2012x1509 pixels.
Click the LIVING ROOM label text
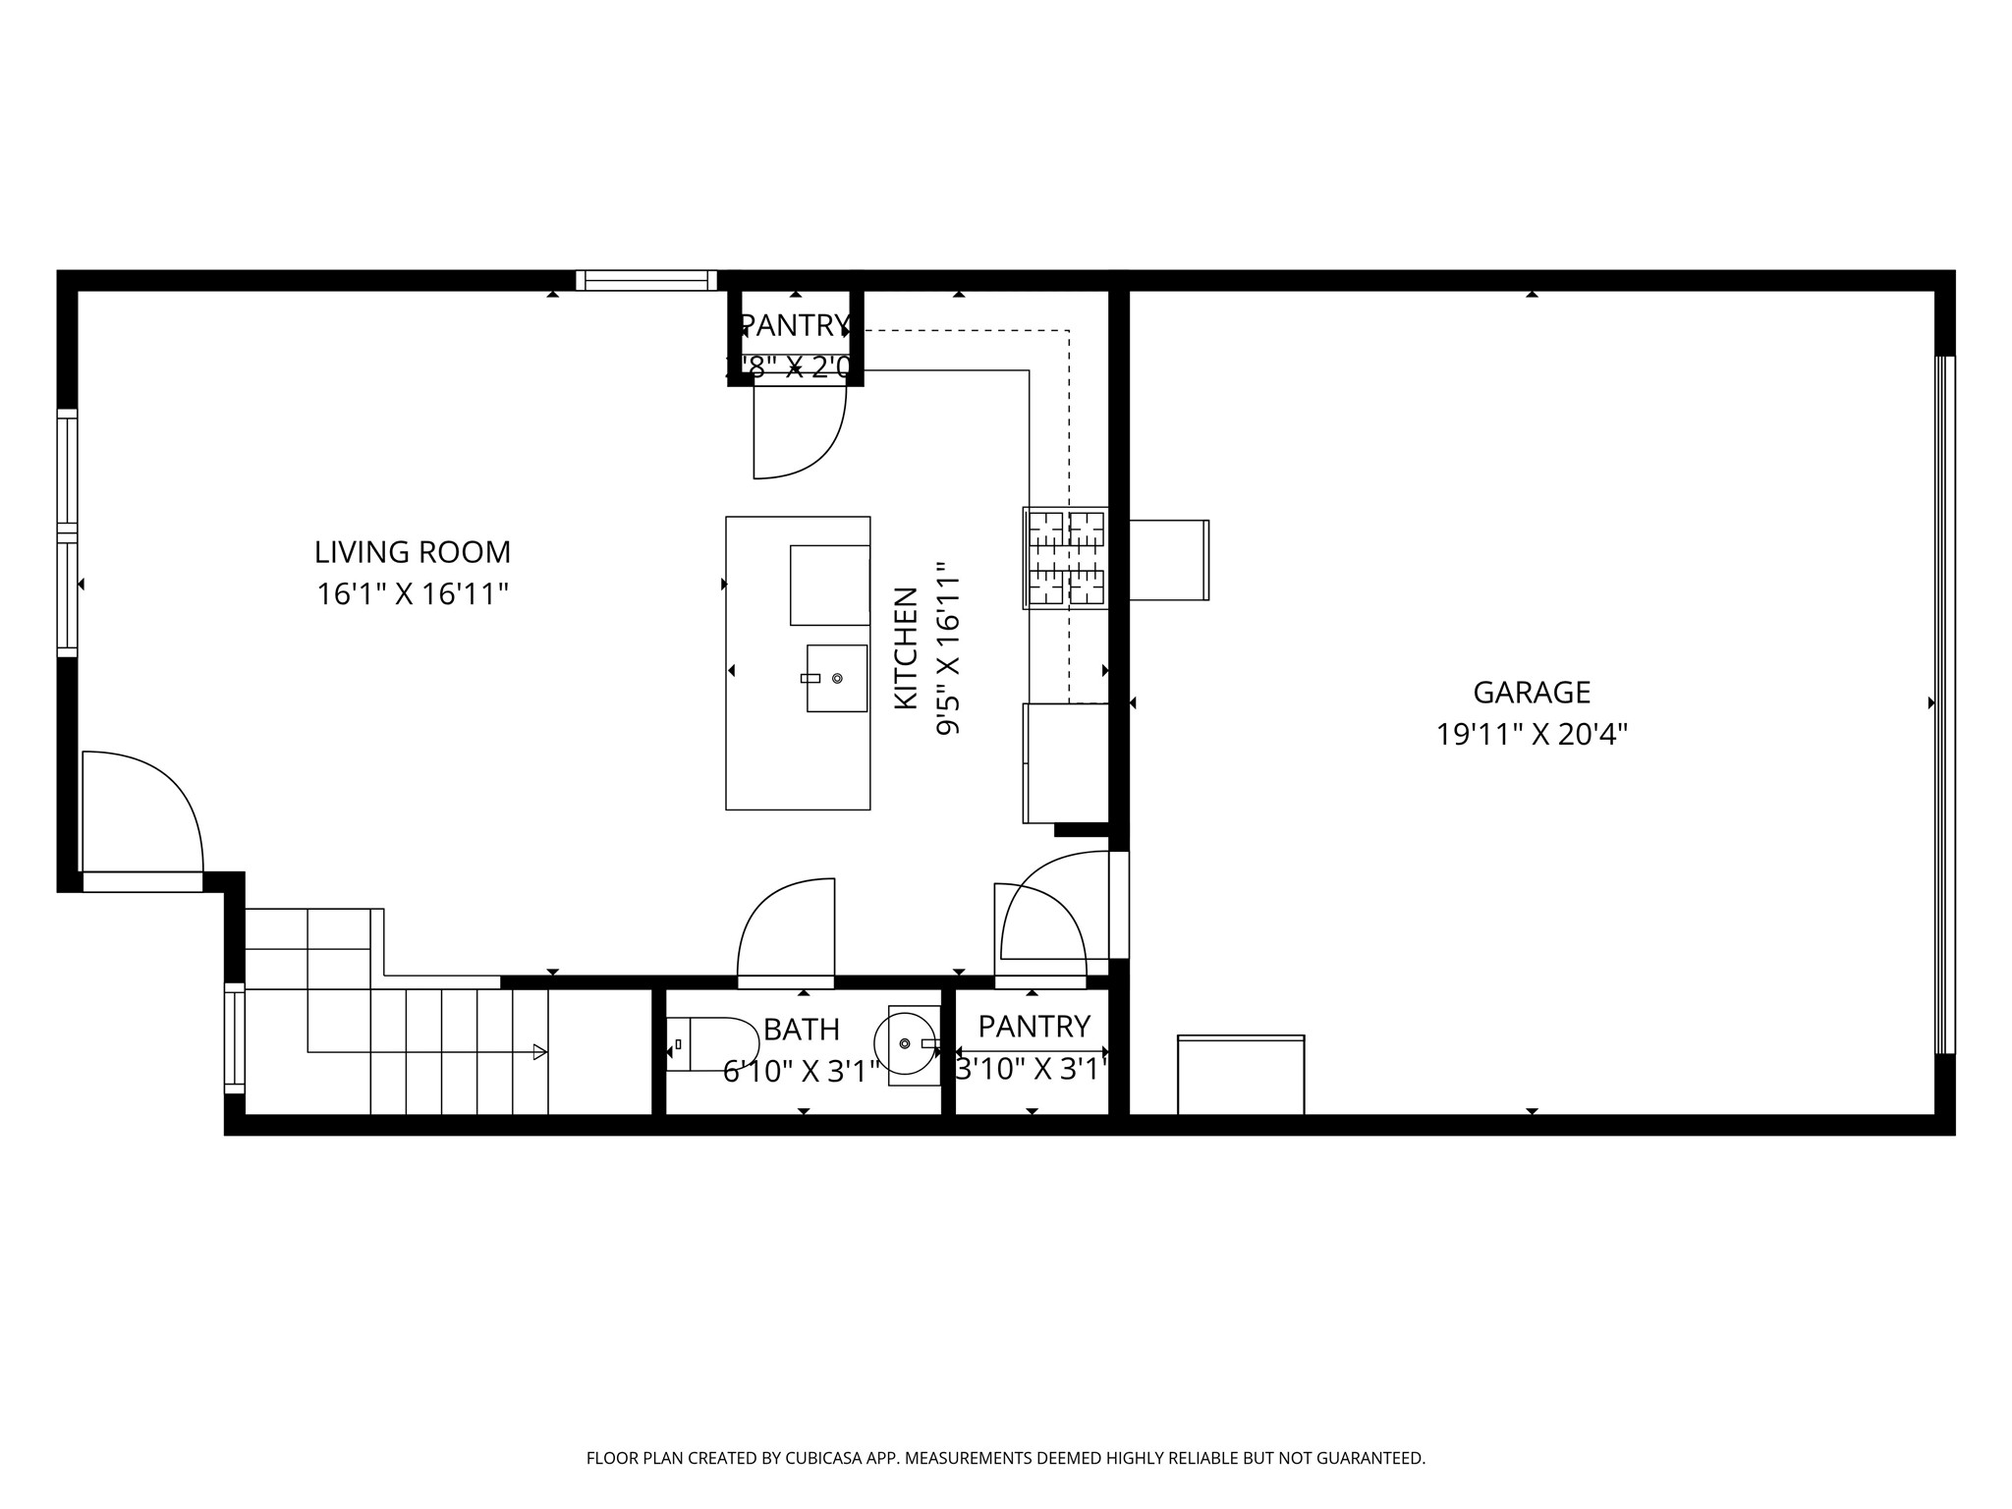[x=413, y=552]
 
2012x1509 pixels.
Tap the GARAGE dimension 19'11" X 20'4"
[x=1532, y=735]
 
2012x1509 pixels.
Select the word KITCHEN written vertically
[x=906, y=648]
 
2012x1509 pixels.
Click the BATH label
[x=801, y=1030]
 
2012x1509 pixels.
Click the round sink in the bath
[x=909, y=1043]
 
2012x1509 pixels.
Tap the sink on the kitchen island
[x=836, y=678]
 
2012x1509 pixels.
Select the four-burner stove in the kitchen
[x=1066, y=558]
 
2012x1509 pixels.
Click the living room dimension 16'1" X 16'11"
[x=413, y=594]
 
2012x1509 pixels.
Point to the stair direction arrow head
[x=539, y=1052]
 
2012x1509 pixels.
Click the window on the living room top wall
[x=645, y=281]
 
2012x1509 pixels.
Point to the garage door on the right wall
[x=1945, y=703]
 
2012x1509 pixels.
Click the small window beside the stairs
[x=234, y=1037]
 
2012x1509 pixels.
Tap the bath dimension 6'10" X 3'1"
[x=801, y=1072]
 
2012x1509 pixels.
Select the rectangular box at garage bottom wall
[x=1241, y=1075]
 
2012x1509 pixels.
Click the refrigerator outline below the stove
[x=1066, y=762]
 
